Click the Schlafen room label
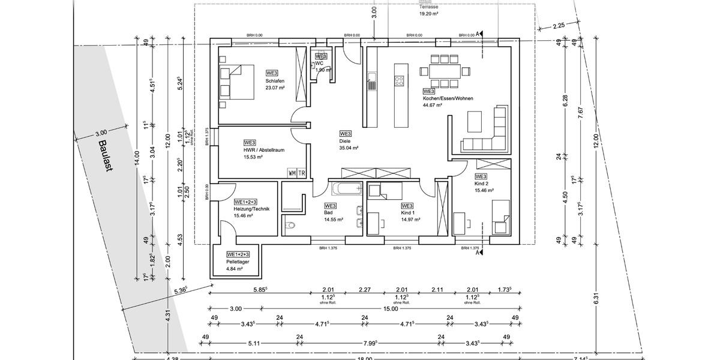click(274, 81)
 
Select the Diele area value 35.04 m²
click(349, 148)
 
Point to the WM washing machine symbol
click(292, 173)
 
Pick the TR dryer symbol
click(302, 173)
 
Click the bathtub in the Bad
click(347, 188)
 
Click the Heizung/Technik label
click(252, 208)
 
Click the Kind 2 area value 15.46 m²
click(484, 190)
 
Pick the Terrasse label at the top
click(428, 6)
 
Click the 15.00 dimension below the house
click(390, 309)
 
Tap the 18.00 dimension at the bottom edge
click(365, 358)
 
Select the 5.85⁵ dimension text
click(260, 289)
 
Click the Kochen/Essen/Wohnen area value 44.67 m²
click(432, 104)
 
